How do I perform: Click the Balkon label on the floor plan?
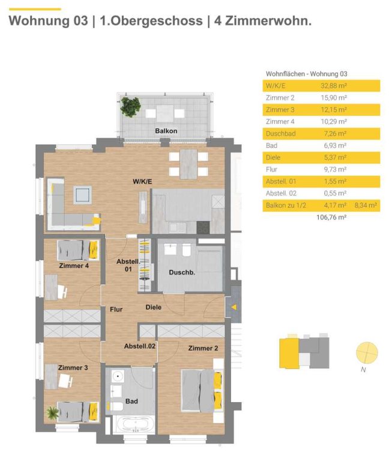click(x=166, y=131)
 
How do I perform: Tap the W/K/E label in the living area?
click(x=142, y=182)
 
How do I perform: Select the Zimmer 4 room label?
click(x=74, y=266)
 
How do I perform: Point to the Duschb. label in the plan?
click(x=182, y=272)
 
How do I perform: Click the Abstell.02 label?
click(x=140, y=346)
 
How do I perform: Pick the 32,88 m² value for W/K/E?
click(x=334, y=86)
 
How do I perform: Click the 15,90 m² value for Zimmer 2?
click(x=334, y=98)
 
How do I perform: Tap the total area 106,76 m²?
click(x=331, y=217)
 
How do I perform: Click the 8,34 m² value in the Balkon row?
click(x=366, y=205)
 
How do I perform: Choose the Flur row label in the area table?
click(x=271, y=169)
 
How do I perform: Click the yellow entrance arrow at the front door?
click(x=234, y=307)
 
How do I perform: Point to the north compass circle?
click(x=367, y=353)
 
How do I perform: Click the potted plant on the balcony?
click(x=130, y=106)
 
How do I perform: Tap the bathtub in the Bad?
click(x=136, y=425)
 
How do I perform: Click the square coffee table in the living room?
click(x=83, y=195)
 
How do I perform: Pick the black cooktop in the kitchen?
click(x=203, y=227)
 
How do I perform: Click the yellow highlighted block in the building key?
click(x=289, y=353)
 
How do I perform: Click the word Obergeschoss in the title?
click(x=151, y=21)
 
